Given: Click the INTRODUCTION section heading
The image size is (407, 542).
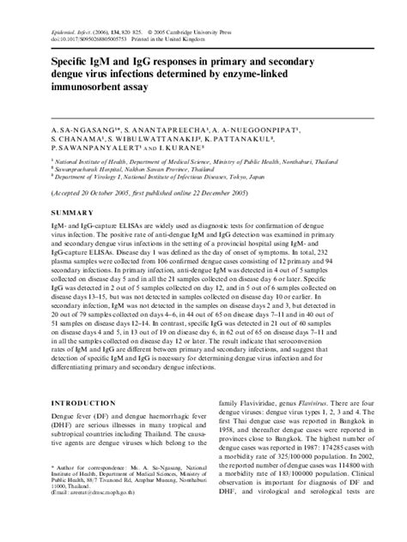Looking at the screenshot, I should pos(87,402).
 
